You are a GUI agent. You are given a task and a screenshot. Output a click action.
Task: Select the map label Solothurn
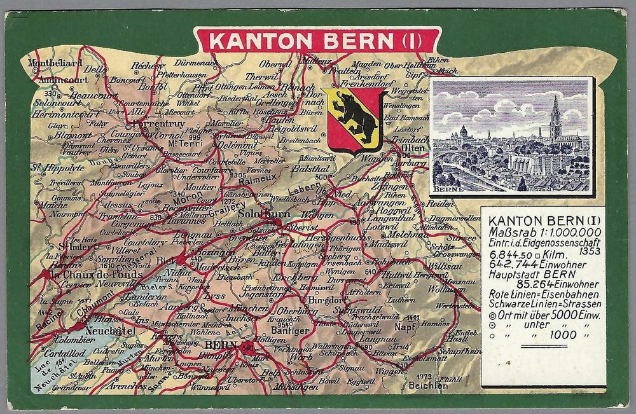click(x=263, y=216)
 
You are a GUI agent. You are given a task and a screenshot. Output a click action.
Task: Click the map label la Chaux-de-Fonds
click(x=86, y=275)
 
